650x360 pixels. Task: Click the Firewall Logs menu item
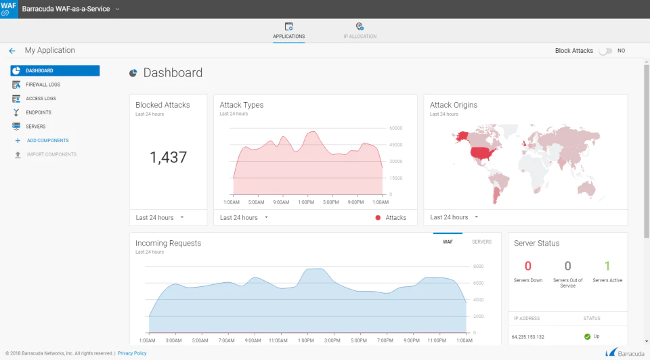click(x=43, y=85)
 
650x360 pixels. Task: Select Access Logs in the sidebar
click(x=41, y=99)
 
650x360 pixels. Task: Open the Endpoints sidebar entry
click(x=39, y=113)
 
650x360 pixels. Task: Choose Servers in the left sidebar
click(x=36, y=127)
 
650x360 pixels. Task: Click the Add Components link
click(x=47, y=141)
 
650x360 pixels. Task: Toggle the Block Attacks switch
click(x=605, y=51)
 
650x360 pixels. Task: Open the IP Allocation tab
click(x=360, y=31)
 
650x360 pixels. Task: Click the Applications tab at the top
click(x=289, y=31)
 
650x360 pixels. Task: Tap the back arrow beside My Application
click(x=12, y=51)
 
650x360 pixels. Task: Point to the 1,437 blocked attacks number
click(x=169, y=158)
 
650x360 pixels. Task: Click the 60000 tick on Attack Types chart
click(x=396, y=128)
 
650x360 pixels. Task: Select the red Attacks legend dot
click(x=378, y=217)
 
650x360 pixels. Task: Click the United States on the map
click(x=483, y=153)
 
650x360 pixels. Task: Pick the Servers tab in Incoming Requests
click(x=481, y=242)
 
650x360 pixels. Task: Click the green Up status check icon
click(x=587, y=336)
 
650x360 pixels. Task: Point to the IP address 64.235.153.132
click(x=527, y=337)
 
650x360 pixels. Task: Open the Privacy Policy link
click(x=132, y=353)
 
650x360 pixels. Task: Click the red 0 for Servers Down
click(x=527, y=265)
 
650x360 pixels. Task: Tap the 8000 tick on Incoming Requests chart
click(x=479, y=267)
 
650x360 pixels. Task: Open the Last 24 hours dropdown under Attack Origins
click(x=454, y=217)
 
